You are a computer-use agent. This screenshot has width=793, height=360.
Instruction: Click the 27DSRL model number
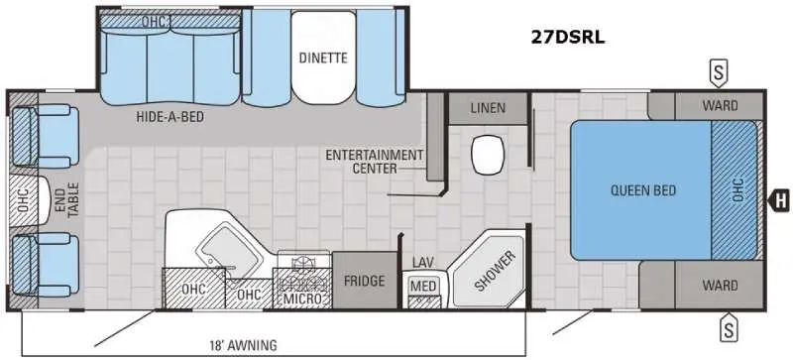tap(567, 38)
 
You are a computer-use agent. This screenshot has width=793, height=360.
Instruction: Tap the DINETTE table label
tap(323, 58)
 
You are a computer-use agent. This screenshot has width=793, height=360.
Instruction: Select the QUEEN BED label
tap(642, 190)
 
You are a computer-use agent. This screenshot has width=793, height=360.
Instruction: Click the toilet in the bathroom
tap(487, 156)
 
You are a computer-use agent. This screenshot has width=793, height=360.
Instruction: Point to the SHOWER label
tap(495, 271)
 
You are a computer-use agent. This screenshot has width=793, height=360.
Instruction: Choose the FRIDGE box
tap(365, 281)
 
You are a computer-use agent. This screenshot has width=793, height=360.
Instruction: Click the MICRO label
tap(303, 299)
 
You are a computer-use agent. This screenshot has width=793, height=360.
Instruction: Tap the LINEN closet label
tap(488, 108)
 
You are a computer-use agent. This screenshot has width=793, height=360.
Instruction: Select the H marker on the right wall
tap(779, 201)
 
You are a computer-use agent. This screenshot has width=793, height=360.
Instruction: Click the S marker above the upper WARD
tap(718, 74)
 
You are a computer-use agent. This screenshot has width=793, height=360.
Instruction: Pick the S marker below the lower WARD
tap(729, 330)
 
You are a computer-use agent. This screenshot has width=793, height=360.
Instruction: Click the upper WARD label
tap(720, 106)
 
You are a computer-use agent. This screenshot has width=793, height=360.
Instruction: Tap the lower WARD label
tap(720, 286)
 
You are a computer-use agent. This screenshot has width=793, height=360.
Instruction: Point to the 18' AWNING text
tap(243, 346)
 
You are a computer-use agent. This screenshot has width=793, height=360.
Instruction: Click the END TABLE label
tap(67, 200)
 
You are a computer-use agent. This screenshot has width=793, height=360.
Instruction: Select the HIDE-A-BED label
tap(170, 117)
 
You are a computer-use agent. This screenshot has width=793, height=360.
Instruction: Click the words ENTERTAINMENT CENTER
tap(374, 161)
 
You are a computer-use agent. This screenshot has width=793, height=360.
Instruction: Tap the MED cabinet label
tap(423, 286)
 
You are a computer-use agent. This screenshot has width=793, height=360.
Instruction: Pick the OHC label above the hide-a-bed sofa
tap(155, 21)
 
